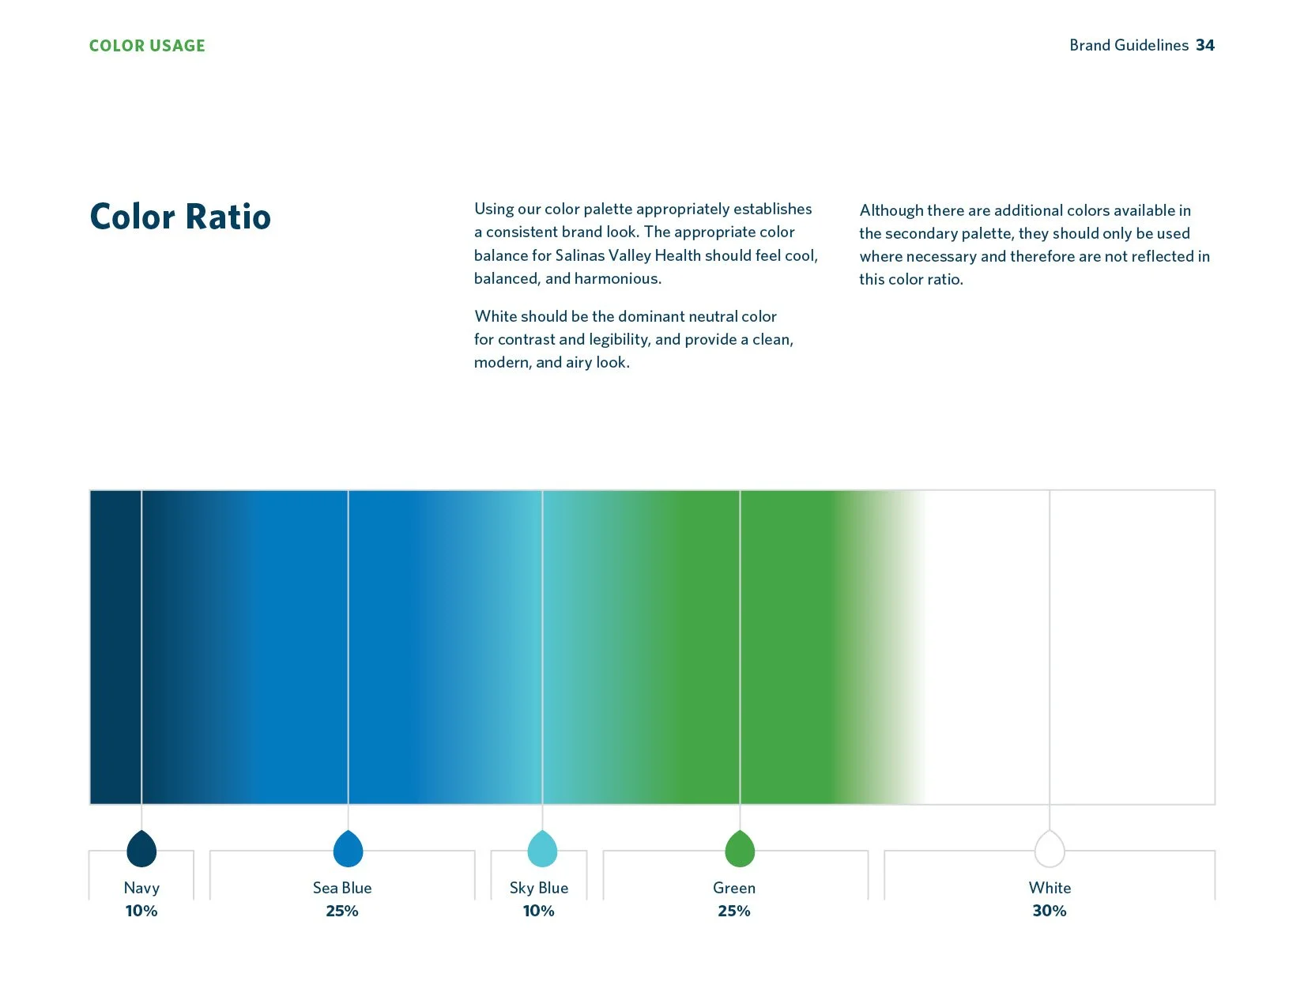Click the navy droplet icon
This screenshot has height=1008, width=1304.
pyautogui.click(x=141, y=849)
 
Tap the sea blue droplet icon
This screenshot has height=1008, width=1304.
pyautogui.click(x=348, y=849)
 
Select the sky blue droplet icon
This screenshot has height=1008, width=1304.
pyautogui.click(x=542, y=849)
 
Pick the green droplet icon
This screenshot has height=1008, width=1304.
pyautogui.click(x=740, y=849)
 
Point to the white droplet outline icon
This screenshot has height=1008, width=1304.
pyautogui.click(x=1050, y=849)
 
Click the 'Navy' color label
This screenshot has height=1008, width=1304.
pyautogui.click(x=141, y=888)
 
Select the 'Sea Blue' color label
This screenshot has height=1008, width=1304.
pyautogui.click(x=342, y=888)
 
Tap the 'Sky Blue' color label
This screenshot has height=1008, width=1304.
pyautogui.click(x=539, y=888)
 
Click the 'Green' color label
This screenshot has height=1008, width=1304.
pyautogui.click(x=734, y=888)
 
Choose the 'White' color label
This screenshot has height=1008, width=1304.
pyautogui.click(x=1050, y=888)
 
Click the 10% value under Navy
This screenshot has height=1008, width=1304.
pyautogui.click(x=141, y=911)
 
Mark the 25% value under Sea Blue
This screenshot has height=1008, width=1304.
pyautogui.click(x=342, y=911)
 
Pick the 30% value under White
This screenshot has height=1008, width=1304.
pyautogui.click(x=1050, y=911)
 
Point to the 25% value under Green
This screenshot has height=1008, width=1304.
pyautogui.click(x=734, y=911)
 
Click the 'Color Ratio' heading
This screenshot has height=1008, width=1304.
pyautogui.click(x=180, y=217)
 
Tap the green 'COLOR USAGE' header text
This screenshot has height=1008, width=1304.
pyautogui.click(x=147, y=46)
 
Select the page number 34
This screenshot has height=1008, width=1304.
pyautogui.click(x=1205, y=45)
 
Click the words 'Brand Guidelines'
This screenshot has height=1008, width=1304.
pyautogui.click(x=1129, y=45)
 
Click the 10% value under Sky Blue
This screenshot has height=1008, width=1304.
pyautogui.click(x=539, y=911)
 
